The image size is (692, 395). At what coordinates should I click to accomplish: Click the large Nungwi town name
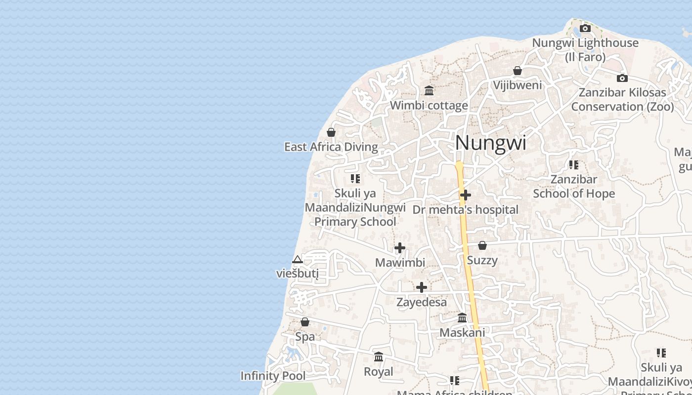click(x=490, y=143)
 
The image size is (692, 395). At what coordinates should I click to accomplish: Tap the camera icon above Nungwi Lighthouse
click(x=585, y=29)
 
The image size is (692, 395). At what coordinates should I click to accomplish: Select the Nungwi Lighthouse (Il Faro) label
click(x=585, y=50)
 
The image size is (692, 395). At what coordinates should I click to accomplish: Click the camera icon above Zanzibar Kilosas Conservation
click(x=622, y=78)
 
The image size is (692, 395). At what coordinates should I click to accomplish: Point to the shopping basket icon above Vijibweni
click(x=518, y=71)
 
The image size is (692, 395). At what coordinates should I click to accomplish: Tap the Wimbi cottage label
click(x=429, y=105)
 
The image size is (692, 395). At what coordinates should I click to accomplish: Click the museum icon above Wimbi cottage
click(x=429, y=91)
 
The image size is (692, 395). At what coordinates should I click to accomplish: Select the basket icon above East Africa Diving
click(x=331, y=132)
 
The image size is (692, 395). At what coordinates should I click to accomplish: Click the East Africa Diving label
click(x=331, y=147)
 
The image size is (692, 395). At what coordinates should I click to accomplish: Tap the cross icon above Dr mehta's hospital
click(x=465, y=196)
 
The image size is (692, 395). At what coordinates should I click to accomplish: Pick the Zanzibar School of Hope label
click(x=574, y=186)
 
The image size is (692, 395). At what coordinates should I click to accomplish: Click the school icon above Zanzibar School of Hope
click(x=574, y=165)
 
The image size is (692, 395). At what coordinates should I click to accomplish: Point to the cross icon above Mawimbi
click(x=400, y=248)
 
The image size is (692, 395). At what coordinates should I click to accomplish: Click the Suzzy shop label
click(x=482, y=260)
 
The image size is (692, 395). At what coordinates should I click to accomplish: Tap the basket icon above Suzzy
click(x=482, y=245)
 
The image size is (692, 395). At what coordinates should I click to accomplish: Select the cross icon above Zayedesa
click(x=422, y=287)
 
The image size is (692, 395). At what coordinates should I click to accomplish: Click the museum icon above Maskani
click(x=462, y=318)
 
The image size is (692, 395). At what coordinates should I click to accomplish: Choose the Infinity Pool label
click(x=273, y=376)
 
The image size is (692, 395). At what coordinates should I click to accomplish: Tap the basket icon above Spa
click(x=305, y=322)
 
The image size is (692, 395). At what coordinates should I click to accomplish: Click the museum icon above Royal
click(x=379, y=357)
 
